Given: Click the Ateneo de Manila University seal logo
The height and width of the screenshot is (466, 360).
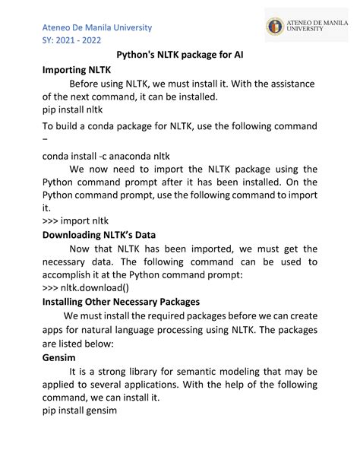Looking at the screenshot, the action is (x=274, y=27).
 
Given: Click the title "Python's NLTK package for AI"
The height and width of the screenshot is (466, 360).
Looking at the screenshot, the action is (x=179, y=55).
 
